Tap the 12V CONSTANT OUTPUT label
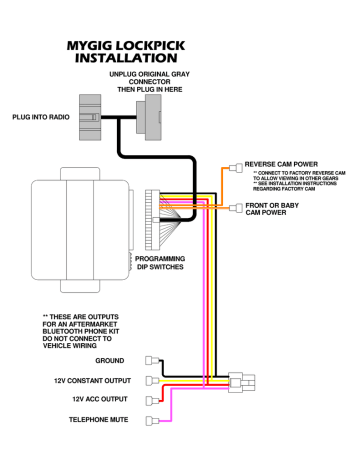tap(85, 381)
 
